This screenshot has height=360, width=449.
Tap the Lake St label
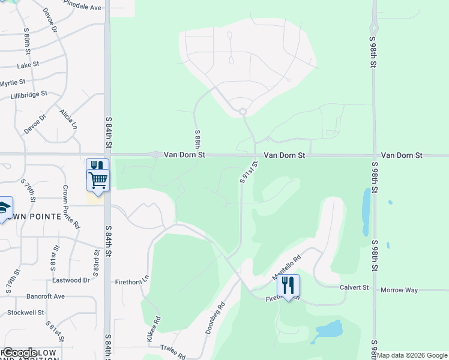tap(28, 65)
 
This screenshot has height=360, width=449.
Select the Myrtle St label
tap(13, 83)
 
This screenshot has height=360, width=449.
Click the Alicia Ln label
tap(68, 119)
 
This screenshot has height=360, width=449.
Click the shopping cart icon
tap(98, 179)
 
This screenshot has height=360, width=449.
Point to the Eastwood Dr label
tap(71, 280)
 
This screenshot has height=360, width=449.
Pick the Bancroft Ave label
tap(45, 296)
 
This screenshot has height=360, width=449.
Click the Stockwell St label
tap(26, 313)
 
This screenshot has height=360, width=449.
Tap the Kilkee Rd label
tap(154, 329)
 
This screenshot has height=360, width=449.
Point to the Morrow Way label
tap(399, 290)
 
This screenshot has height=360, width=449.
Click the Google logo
tap(20, 353)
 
